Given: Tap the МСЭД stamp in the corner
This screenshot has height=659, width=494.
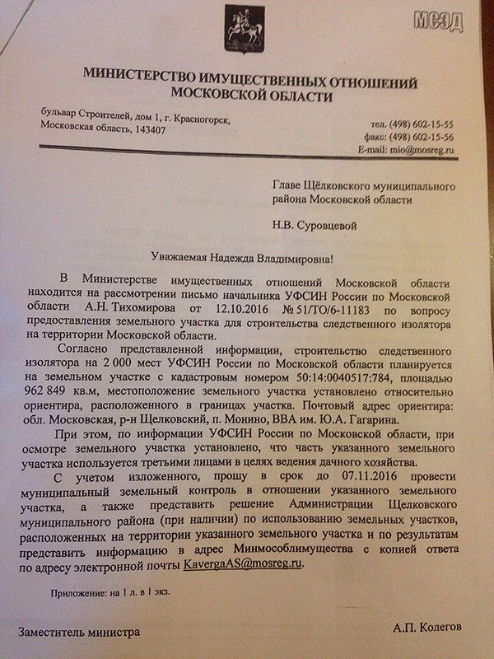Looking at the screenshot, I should [x=457, y=19].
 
